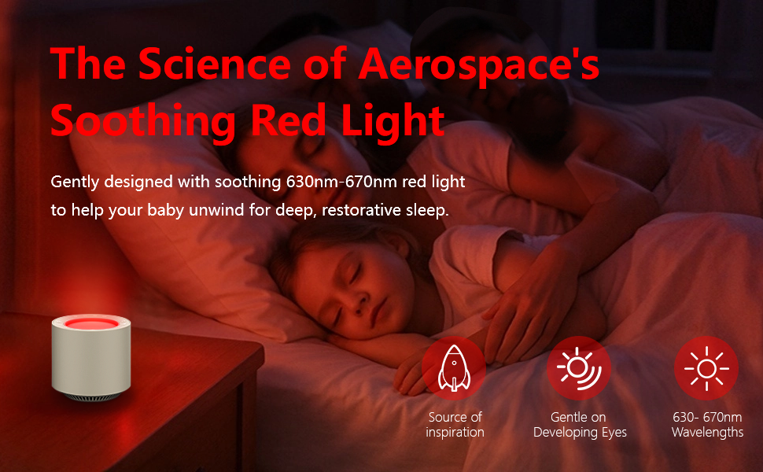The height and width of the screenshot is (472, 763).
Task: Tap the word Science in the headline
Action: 215,64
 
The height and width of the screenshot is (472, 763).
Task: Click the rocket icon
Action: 454,368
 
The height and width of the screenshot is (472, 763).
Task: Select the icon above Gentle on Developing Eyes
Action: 579,368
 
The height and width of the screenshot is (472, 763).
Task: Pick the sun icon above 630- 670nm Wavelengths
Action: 706,368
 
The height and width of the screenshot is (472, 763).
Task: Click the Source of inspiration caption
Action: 455,425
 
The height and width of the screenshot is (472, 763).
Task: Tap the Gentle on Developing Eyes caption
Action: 580,425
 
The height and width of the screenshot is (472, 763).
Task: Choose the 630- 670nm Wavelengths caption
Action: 707,425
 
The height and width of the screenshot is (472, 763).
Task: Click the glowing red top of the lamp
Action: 91,323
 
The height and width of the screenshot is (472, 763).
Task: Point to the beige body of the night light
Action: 91,360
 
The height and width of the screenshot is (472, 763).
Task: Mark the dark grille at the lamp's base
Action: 91,396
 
